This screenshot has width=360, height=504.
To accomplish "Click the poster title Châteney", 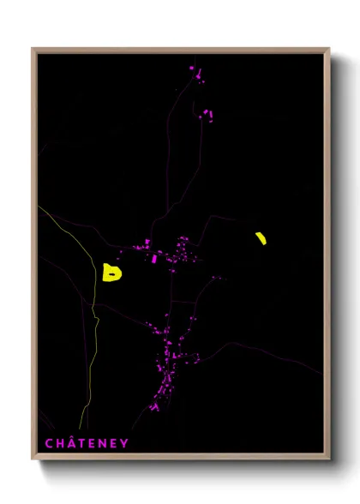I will [x=87, y=443].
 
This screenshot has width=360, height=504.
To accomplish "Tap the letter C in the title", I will [x=49, y=443].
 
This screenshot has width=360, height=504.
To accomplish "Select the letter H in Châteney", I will [x=60, y=443].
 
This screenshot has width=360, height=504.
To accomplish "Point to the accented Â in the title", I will [x=71, y=443].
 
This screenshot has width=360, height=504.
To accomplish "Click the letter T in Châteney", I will [x=81, y=443].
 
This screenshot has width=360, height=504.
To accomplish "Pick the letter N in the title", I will [x=103, y=443].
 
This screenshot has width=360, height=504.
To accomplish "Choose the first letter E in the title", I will [x=92, y=443].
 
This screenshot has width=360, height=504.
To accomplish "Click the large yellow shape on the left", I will [x=111, y=273].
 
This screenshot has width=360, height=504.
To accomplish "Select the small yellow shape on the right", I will [x=261, y=238].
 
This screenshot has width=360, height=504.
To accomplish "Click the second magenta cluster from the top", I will [x=207, y=113].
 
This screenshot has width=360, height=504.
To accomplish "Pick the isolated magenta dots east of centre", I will [x=216, y=278].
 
